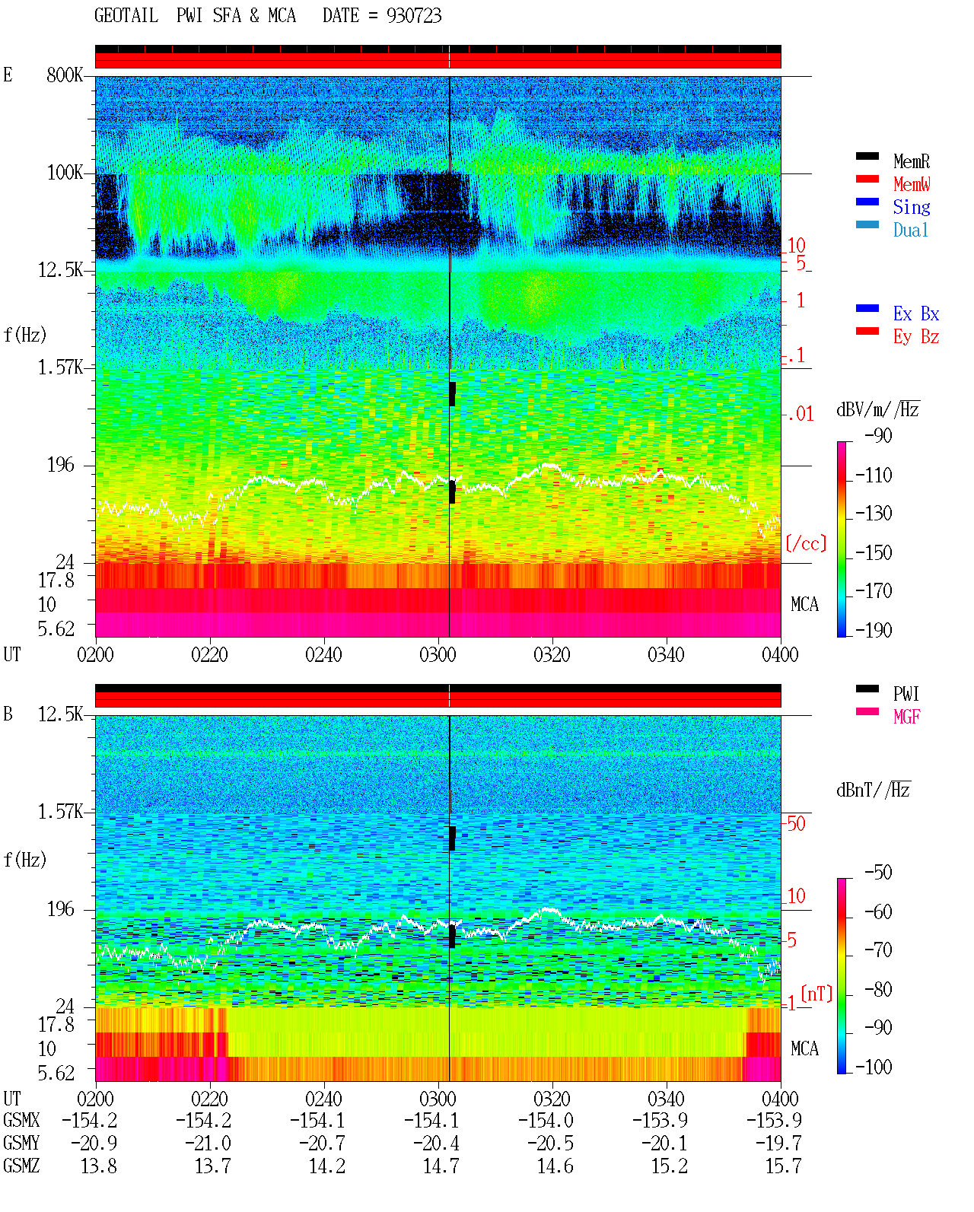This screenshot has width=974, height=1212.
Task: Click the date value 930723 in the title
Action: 413,15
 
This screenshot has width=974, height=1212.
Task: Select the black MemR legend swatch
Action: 867,156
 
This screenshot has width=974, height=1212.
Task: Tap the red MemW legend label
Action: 912,184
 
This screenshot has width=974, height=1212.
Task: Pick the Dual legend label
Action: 911,230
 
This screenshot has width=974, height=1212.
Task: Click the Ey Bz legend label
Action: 916,336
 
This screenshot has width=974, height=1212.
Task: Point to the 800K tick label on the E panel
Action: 65,75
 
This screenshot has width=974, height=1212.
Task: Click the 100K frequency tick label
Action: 65,173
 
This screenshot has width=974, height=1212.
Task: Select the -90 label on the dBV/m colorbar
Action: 878,435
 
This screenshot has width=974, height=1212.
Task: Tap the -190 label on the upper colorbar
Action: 874,630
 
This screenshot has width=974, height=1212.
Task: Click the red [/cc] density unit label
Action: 806,543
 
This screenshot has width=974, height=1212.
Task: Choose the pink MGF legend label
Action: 906,717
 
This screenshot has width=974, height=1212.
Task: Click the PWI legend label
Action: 906,693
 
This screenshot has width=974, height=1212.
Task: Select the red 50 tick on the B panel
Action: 796,823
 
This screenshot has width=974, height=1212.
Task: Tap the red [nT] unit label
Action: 816,994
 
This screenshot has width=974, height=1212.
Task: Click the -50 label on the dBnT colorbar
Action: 878,873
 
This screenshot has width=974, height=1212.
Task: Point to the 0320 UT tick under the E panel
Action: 552,654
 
